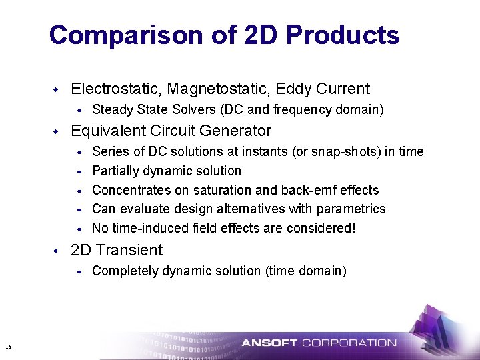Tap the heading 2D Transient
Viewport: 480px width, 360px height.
click(116, 250)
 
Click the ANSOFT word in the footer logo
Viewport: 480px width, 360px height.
click(269, 343)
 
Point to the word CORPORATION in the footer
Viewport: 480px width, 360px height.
click(349, 343)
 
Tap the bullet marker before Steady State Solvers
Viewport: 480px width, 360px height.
click(79, 109)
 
